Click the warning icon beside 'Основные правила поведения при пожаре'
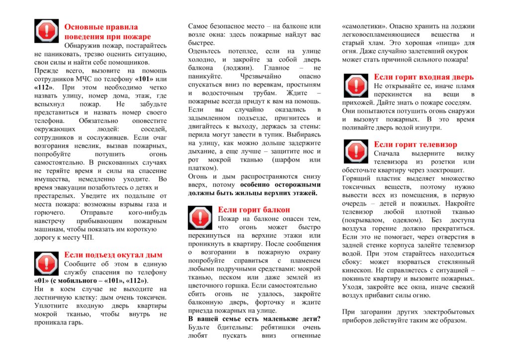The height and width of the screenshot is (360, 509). [x=46, y=31]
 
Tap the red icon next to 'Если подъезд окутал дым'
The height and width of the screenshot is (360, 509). [x=46, y=264]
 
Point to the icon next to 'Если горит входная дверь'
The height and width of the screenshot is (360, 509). [x=356, y=86]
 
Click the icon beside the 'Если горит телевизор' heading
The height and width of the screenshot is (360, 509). [x=356, y=152]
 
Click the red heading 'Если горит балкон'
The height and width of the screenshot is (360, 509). [x=254, y=210]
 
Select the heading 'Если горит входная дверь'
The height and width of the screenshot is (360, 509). [x=424, y=77]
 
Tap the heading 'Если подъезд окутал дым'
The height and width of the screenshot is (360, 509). [x=113, y=255]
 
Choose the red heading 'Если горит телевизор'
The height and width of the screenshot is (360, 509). [x=416, y=144]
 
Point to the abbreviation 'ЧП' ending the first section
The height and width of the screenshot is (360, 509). [x=87, y=238]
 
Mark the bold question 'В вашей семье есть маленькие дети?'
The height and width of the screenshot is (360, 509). [x=254, y=318]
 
